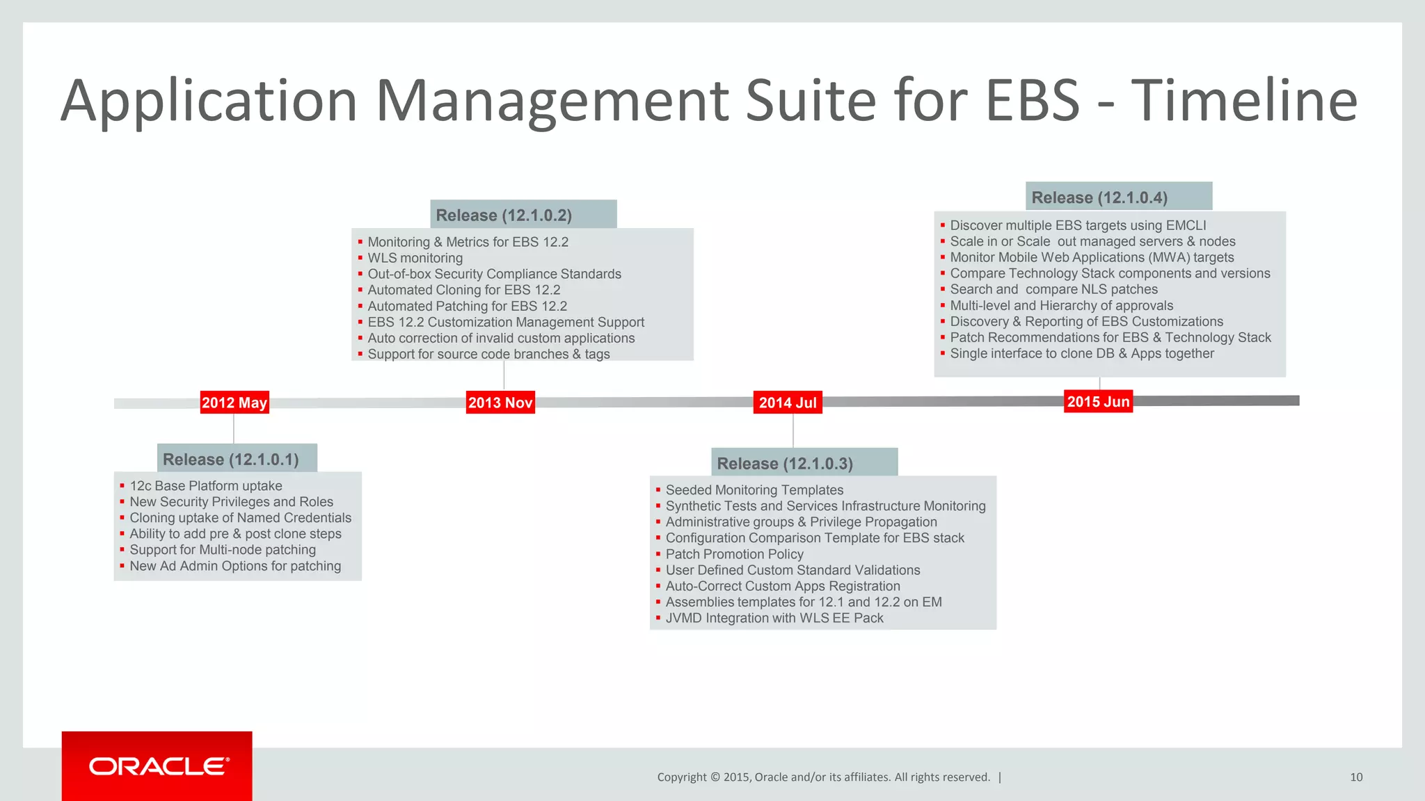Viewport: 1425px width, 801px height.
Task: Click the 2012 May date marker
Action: click(234, 403)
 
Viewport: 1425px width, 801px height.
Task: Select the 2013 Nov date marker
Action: click(500, 403)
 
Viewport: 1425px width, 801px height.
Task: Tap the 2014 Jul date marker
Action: click(788, 403)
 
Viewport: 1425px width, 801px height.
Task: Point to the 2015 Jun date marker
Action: click(1098, 401)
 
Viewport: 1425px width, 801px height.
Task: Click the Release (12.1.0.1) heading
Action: click(231, 460)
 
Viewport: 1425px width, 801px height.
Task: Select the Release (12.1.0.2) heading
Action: click(504, 216)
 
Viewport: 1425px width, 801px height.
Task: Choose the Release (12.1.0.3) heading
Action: click(785, 464)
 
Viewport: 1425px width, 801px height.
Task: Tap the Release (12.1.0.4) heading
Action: click(1099, 197)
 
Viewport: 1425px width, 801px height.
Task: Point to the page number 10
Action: click(1356, 777)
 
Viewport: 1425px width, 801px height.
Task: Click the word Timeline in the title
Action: click(1243, 101)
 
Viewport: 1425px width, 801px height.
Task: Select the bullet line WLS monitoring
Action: click(415, 258)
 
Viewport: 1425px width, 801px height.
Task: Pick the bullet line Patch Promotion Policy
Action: click(734, 554)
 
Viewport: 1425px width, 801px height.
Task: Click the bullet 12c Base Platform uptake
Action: click(206, 486)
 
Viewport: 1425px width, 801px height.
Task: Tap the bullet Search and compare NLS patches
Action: click(1053, 289)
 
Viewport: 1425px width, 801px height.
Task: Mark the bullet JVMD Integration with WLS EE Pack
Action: click(774, 618)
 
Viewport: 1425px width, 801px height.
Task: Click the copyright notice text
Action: click(823, 777)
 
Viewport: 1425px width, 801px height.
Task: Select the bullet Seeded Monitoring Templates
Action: click(754, 490)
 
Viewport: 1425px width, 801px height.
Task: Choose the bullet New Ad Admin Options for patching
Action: click(235, 566)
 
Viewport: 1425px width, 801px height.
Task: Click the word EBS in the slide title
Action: click(1033, 101)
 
